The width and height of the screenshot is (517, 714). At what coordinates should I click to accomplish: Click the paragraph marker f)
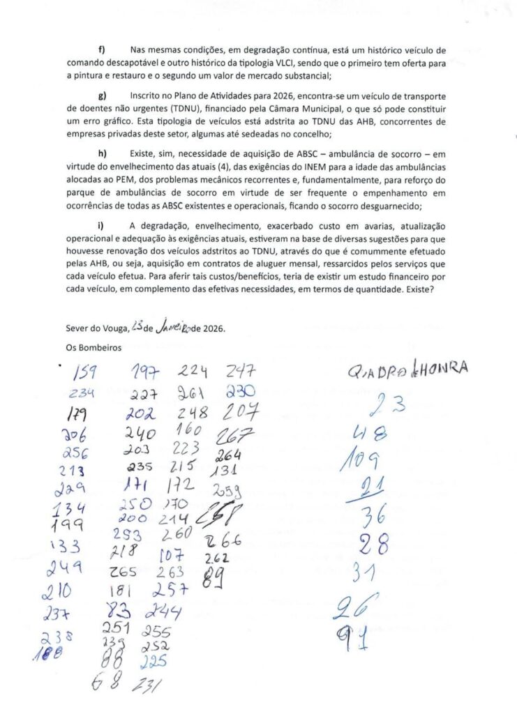(x=102, y=50)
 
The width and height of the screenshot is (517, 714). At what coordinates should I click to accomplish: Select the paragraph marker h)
(x=103, y=153)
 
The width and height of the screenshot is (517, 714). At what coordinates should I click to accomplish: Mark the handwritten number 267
(x=235, y=434)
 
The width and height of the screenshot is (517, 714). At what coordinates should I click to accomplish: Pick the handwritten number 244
(x=164, y=612)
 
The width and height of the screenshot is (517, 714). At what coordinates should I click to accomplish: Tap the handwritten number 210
(x=57, y=592)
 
